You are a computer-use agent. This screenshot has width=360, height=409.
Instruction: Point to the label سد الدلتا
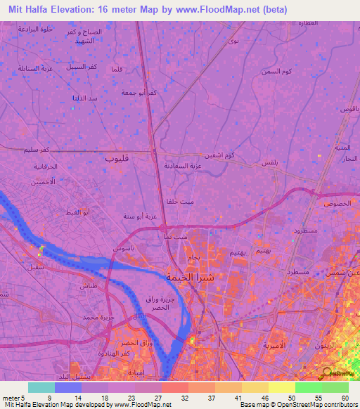[84, 98]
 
